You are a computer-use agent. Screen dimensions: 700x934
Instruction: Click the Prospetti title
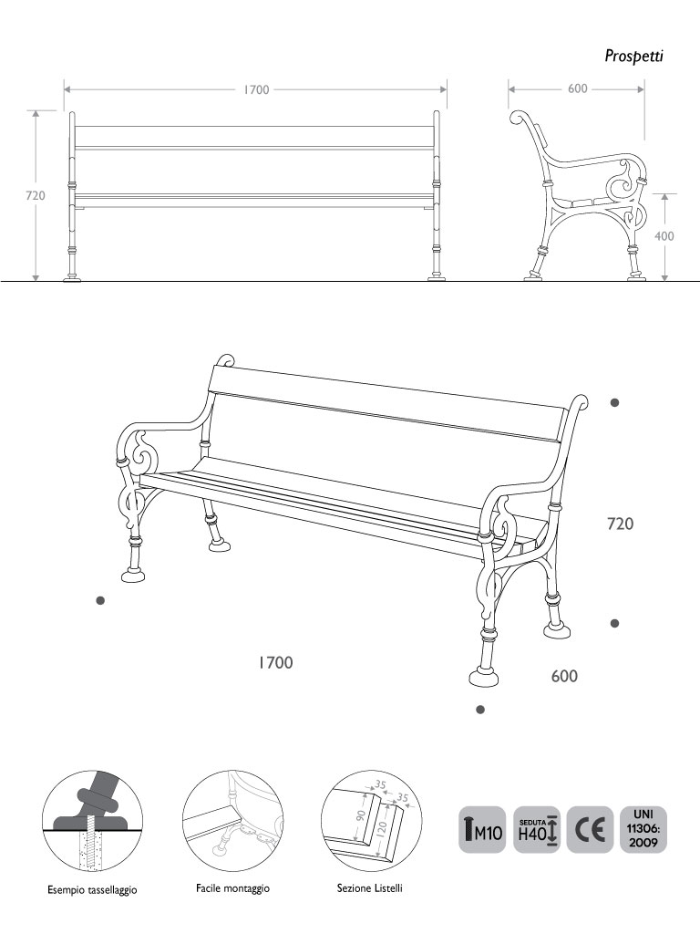[x=633, y=56]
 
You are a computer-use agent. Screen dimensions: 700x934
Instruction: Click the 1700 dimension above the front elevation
[x=256, y=90]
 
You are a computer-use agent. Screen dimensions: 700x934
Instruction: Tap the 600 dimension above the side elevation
[x=577, y=88]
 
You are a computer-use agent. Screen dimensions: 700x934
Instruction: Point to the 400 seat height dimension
[x=664, y=236]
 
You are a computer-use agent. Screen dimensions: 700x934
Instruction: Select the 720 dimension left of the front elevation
[x=36, y=195]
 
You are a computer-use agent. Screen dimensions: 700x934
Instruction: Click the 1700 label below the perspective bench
[x=275, y=662]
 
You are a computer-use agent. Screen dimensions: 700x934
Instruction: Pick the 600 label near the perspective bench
[x=564, y=676]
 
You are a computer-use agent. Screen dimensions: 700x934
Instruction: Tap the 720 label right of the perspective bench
[x=620, y=524]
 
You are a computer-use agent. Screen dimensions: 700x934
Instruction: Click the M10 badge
[x=482, y=830]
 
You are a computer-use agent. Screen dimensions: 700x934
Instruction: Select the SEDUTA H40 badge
[x=536, y=830]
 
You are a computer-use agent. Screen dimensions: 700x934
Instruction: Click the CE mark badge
[x=590, y=830]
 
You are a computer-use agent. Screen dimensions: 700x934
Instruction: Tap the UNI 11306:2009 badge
[x=643, y=830]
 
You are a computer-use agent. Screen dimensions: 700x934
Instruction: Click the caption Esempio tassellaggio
[x=92, y=890]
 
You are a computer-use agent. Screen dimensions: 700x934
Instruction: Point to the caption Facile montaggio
[x=232, y=888]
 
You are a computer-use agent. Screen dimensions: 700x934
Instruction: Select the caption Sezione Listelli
[x=370, y=888]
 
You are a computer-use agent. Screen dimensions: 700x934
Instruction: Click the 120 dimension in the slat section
[x=382, y=826]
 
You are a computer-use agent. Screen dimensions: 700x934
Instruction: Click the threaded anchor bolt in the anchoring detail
[x=91, y=846]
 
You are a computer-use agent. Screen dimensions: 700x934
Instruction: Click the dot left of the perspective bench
[x=100, y=600]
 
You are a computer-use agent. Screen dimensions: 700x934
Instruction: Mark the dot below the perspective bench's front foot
[x=480, y=710]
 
